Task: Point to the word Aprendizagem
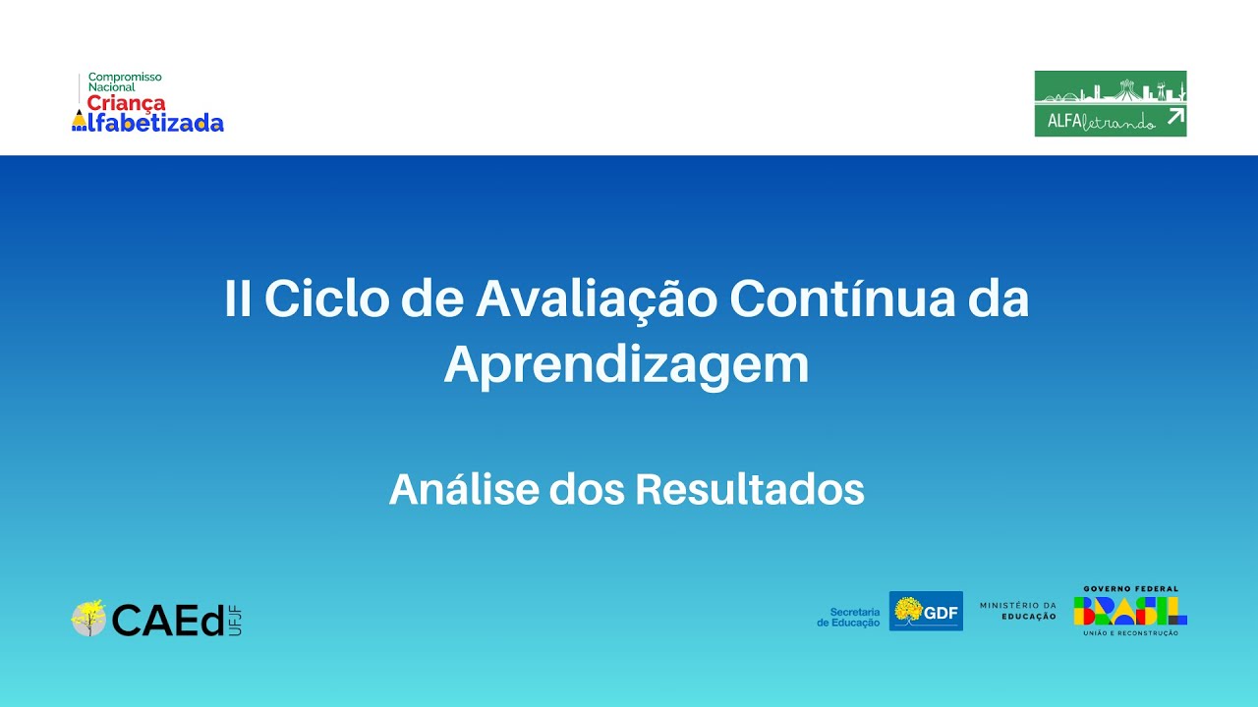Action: point(627,365)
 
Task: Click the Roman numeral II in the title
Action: point(237,299)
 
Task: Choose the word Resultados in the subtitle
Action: point(749,489)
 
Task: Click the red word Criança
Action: point(126,103)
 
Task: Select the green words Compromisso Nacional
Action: point(124,82)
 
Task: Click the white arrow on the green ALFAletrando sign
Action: point(1174,118)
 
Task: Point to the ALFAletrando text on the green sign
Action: point(1096,120)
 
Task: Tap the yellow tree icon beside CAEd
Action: point(88,618)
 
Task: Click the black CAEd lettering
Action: point(167,620)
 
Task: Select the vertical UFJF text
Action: point(234,620)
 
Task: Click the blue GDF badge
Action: point(926,611)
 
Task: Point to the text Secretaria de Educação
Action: point(849,617)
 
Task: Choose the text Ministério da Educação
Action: point(1018,611)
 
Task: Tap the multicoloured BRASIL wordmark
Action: point(1130,610)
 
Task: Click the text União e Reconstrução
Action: point(1130,633)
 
